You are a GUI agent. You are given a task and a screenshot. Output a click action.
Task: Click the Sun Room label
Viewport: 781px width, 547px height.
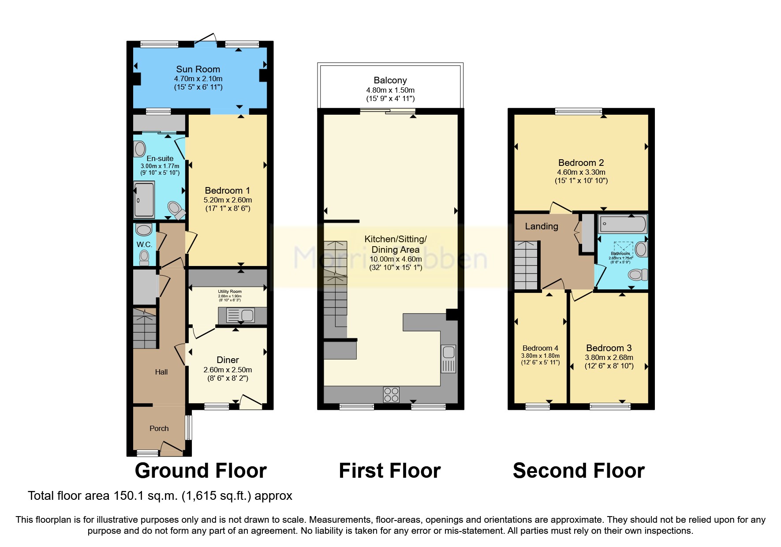198,69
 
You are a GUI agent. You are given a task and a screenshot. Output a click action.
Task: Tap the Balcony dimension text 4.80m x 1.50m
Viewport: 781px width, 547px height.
390,90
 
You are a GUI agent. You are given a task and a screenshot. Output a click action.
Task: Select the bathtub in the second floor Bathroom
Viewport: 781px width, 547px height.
622,224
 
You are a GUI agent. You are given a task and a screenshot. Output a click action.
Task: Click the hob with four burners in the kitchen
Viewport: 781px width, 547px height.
391,394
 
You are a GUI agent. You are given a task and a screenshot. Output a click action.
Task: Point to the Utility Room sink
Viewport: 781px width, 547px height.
241,315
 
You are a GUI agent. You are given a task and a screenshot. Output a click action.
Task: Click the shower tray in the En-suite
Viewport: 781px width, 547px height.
144,200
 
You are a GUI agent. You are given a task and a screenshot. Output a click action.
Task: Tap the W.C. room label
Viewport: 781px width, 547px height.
144,244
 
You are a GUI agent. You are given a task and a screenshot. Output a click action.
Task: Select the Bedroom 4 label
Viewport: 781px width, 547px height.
540,348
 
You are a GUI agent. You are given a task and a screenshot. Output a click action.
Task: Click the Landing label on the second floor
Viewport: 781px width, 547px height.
542,226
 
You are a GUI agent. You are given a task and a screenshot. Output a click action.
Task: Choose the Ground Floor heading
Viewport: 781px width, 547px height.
201,471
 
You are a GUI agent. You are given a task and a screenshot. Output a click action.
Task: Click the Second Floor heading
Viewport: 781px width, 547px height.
579,471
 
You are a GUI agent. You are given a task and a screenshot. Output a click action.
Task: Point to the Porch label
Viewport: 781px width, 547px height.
159,428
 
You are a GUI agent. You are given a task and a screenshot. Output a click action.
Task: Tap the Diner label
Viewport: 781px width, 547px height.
228,360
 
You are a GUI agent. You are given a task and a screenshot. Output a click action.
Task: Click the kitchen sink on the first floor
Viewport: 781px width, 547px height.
448,358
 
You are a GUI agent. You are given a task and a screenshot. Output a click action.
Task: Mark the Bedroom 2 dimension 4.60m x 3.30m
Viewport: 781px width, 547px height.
581,172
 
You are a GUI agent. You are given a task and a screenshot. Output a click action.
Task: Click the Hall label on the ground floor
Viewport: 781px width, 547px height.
161,372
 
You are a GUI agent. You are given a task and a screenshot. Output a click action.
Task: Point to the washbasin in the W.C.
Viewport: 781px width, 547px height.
144,229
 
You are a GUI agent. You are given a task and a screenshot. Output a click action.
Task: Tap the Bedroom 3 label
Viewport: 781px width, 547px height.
609,348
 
